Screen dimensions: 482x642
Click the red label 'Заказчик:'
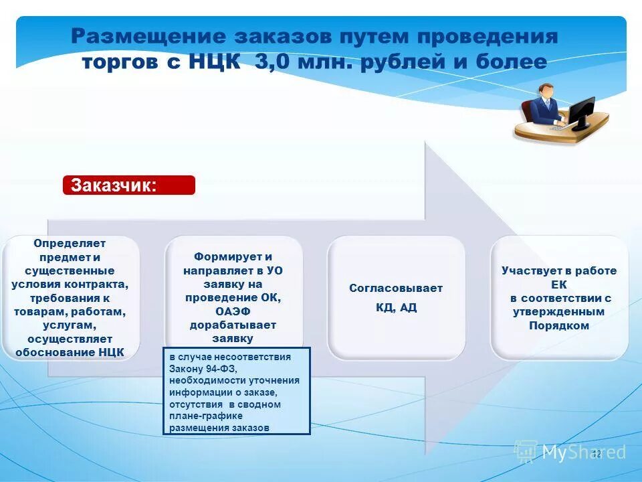128,185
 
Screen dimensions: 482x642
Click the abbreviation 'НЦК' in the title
215,62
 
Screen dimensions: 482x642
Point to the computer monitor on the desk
581,111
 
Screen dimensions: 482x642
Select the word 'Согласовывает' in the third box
396,288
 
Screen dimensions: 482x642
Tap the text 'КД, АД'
396,308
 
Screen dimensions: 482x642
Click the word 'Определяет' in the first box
70,244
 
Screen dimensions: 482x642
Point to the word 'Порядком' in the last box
559,325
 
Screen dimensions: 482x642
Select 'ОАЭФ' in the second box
233,311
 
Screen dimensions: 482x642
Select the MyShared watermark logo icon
526,451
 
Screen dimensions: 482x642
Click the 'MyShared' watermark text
583,453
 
